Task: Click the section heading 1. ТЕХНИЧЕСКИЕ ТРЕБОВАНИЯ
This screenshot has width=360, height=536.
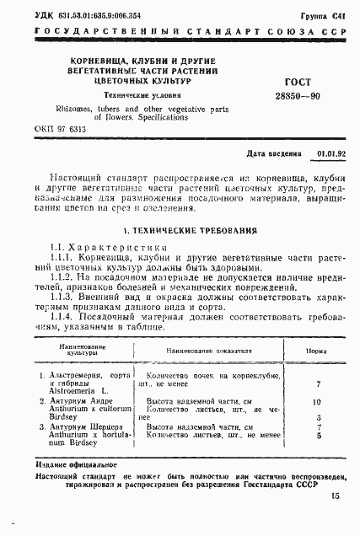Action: click(x=180, y=231)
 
